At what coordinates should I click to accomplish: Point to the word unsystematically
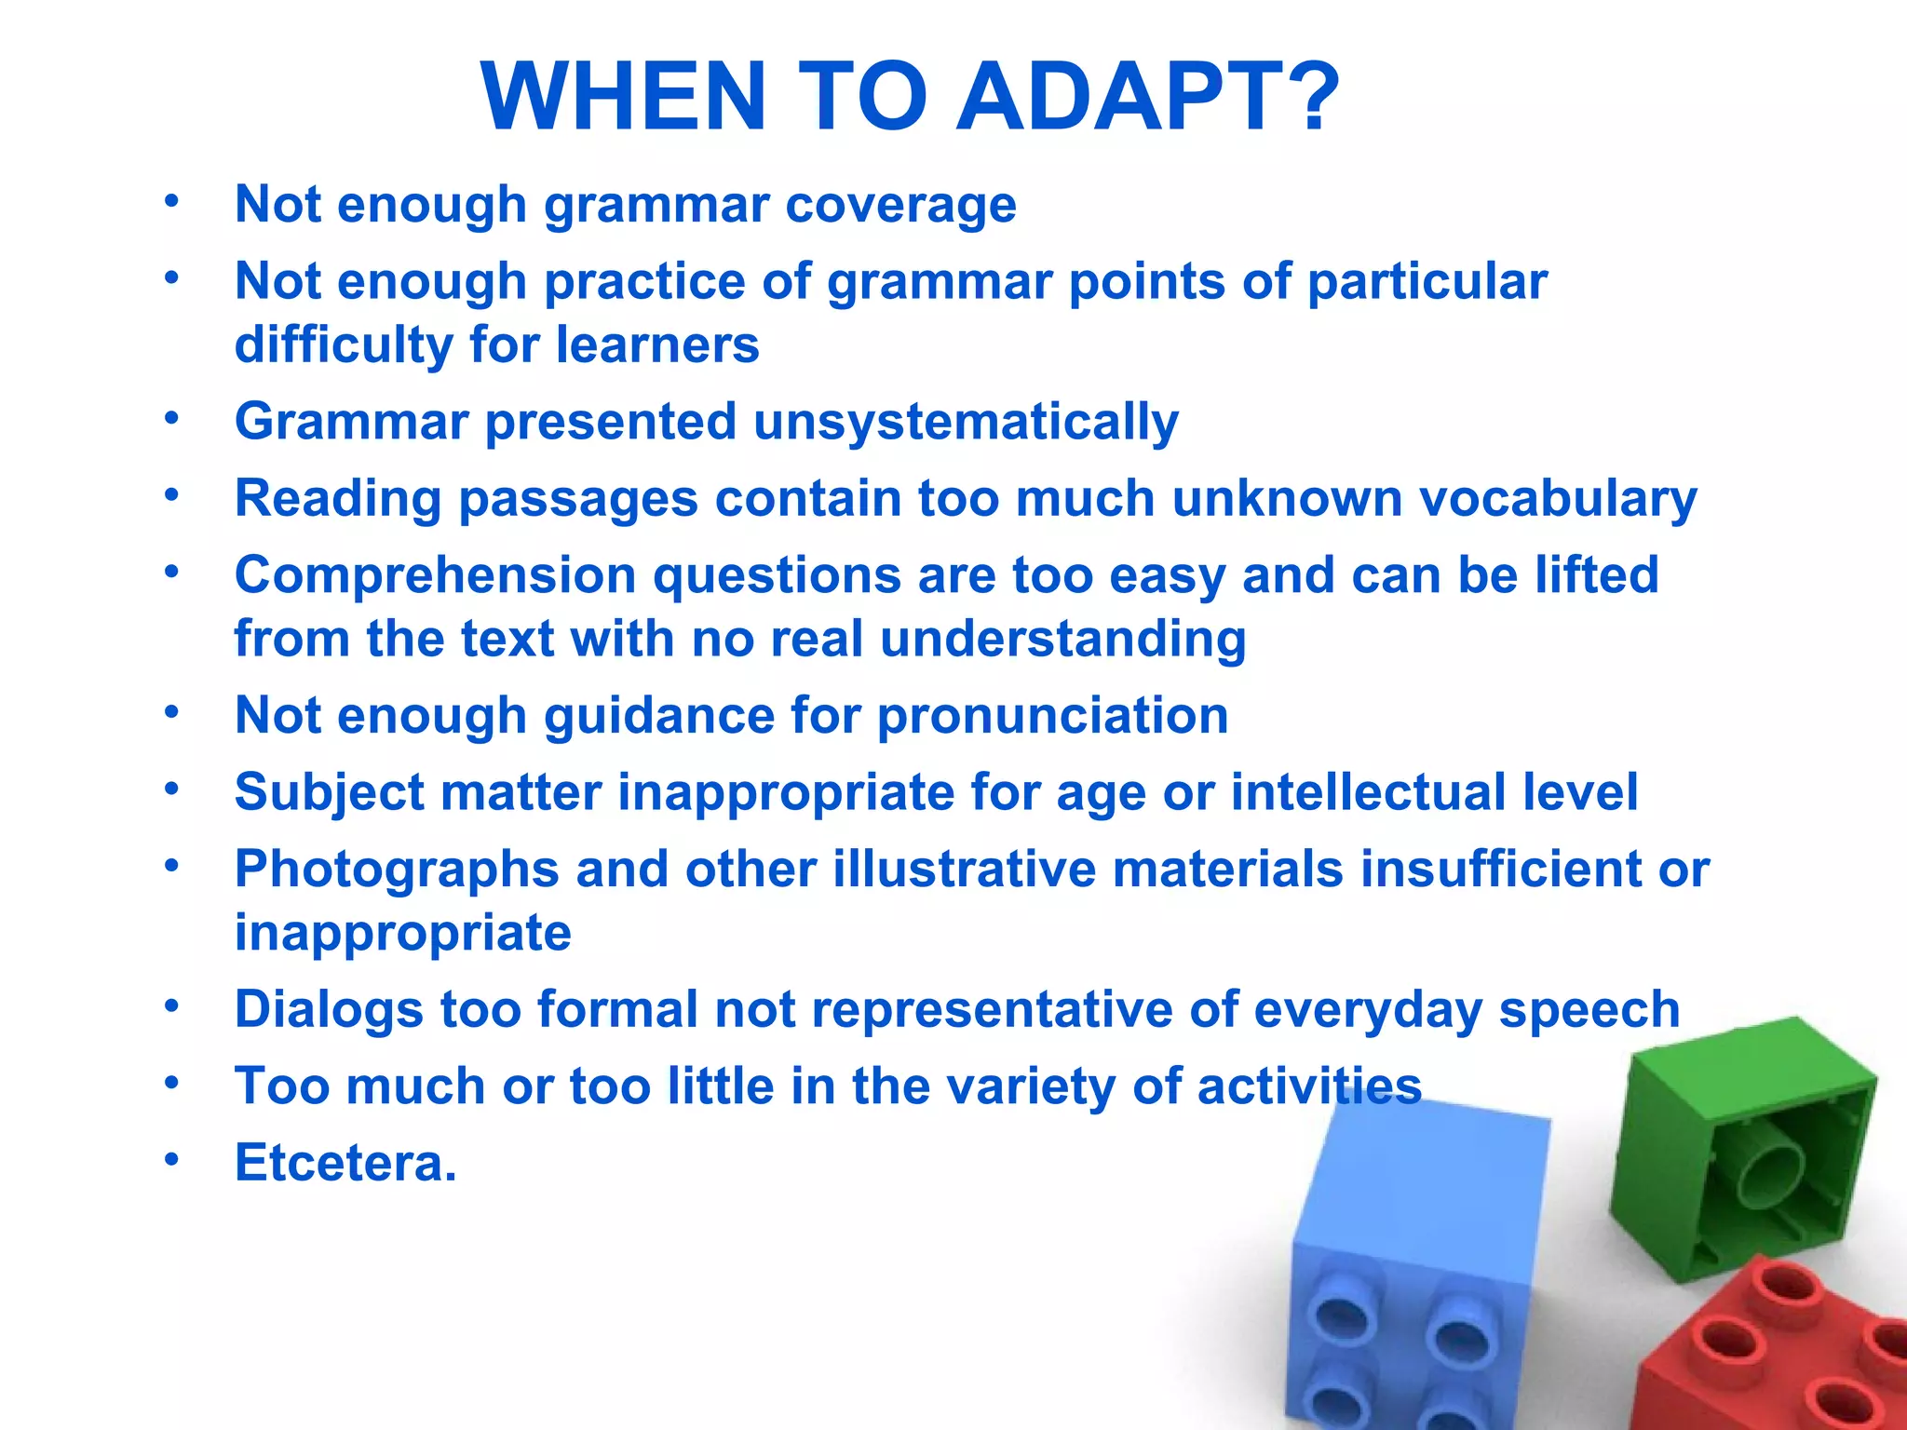pyautogui.click(x=966, y=423)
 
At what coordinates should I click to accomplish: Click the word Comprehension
pyautogui.click(x=435, y=576)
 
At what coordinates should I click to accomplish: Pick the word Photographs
pyautogui.click(x=396, y=870)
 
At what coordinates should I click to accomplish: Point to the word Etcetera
pyautogui.click(x=345, y=1163)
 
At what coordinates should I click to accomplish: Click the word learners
pyautogui.click(x=657, y=345)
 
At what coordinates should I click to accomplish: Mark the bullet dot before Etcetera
pyautogui.click(x=170, y=1160)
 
